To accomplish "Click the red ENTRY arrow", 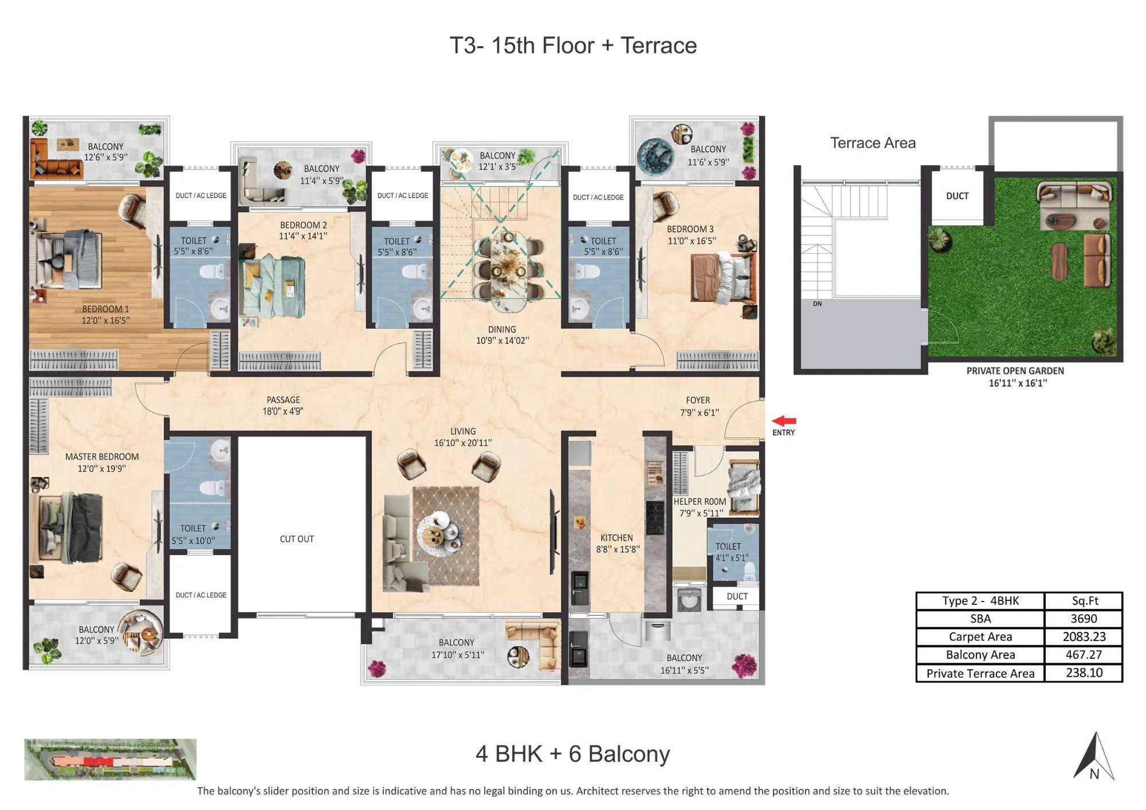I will [x=784, y=422].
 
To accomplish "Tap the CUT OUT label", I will [x=297, y=539].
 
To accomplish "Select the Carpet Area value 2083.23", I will [x=1084, y=636].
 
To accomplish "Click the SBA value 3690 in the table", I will [x=1084, y=619].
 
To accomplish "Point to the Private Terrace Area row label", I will [x=980, y=673].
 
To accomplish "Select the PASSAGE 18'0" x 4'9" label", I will [x=283, y=406].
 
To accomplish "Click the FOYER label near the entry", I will [x=698, y=400].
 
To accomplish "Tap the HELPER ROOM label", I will [x=700, y=502].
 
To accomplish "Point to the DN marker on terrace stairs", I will [x=817, y=304].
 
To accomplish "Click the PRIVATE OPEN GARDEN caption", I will [x=1015, y=371].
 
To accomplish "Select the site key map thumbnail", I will [x=110, y=759].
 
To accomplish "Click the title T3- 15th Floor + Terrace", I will [x=573, y=45].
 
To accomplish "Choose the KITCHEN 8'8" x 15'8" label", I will [x=617, y=543].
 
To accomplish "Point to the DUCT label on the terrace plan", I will [x=957, y=196].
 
